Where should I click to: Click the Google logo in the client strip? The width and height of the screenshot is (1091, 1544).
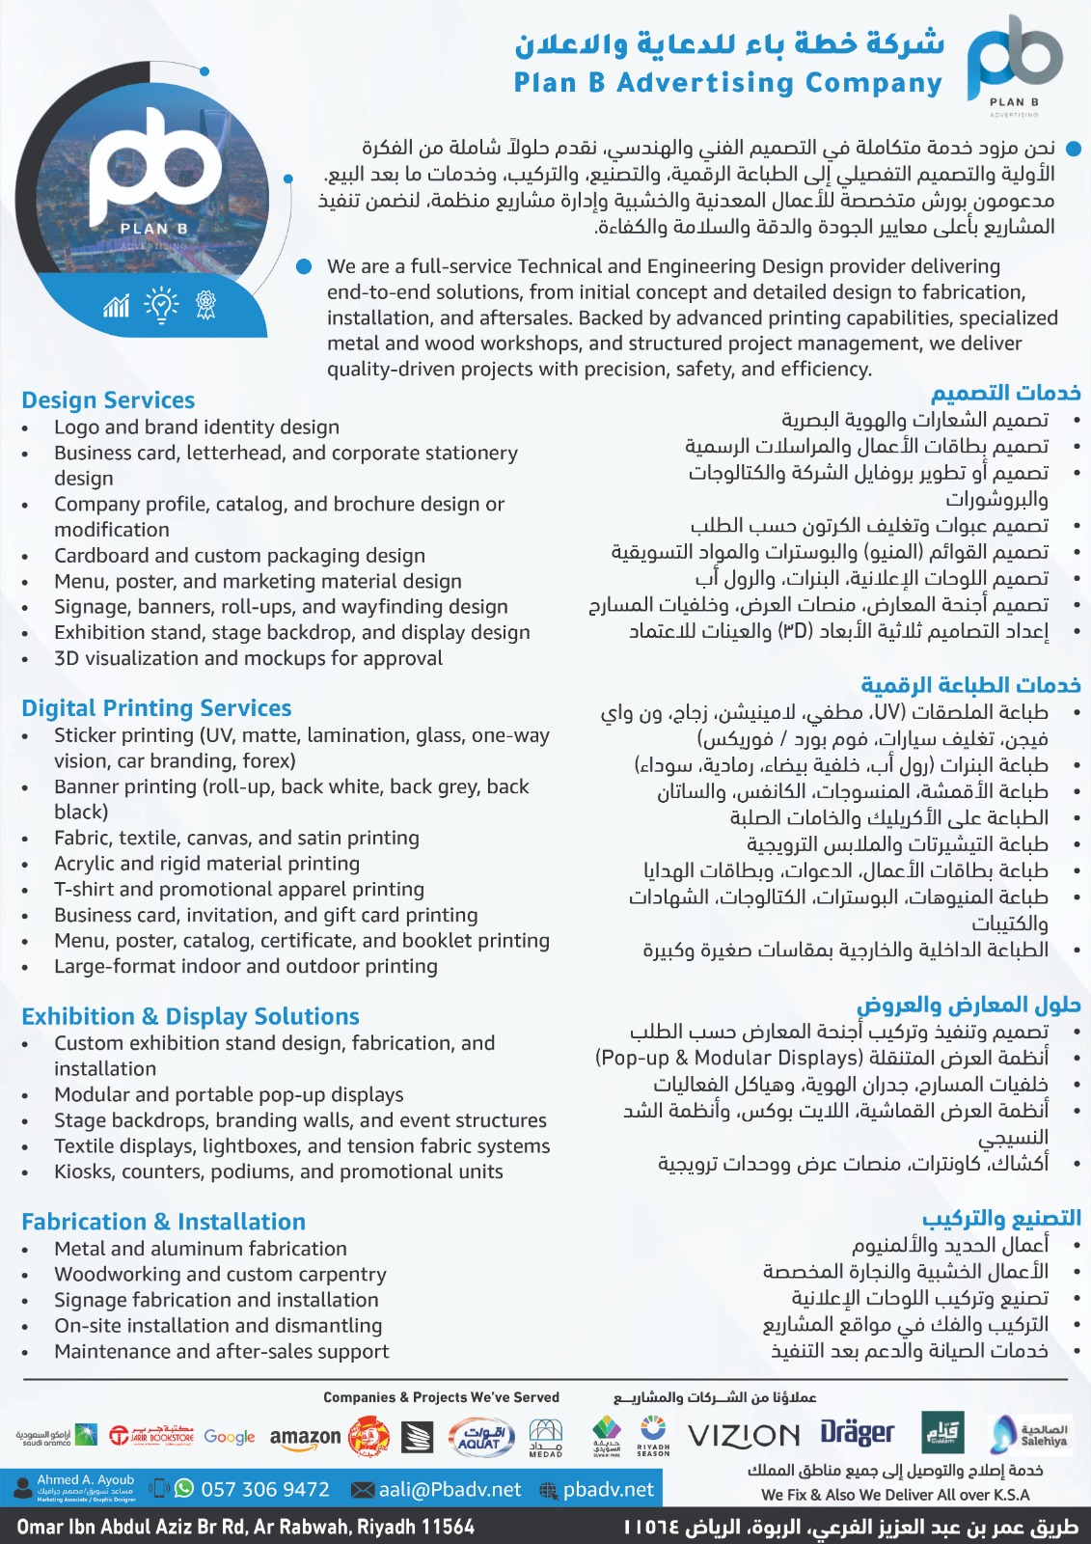coord(230,1437)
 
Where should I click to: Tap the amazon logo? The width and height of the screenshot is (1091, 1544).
coord(305,1437)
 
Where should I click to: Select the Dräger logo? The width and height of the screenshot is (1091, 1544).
coord(858,1433)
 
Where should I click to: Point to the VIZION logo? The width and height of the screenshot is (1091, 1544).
coord(744,1436)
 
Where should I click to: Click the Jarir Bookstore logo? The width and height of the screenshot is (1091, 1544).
coord(151,1436)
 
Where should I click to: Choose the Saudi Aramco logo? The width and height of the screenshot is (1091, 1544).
coord(56,1436)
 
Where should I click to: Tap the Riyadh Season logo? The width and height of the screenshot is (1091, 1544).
coord(653,1435)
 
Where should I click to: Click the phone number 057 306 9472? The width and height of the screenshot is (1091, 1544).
coord(264,1489)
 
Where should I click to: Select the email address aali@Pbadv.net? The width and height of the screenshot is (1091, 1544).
coord(450,1489)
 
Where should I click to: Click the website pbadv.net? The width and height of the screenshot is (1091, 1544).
coord(609,1489)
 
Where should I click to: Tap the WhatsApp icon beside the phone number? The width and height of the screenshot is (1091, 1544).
coord(183,1488)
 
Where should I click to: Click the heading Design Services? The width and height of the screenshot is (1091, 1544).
coord(108,400)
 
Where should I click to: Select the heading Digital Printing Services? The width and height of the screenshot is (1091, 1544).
coord(156,708)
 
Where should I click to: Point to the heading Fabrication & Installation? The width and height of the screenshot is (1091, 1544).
coord(163,1222)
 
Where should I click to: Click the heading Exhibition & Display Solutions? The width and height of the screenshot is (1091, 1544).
coord(190,1016)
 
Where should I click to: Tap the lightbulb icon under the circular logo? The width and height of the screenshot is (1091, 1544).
coord(161,305)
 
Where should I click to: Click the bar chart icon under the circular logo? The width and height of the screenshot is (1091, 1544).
coord(117,306)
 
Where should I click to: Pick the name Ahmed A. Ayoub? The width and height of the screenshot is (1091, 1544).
coord(86,1480)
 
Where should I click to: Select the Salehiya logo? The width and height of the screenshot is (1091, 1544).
coord(1029,1434)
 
